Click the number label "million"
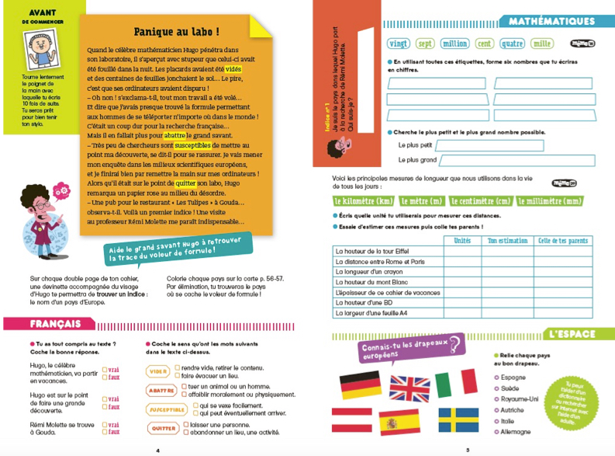coord(454,44)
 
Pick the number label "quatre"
coord(512,44)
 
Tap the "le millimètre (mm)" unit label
coord(548,202)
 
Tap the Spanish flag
coord(399,423)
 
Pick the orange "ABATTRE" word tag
coord(161,391)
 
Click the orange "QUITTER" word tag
coord(164,428)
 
